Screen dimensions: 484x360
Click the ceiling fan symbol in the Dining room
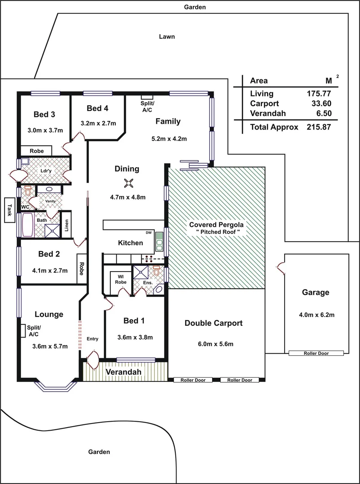129,182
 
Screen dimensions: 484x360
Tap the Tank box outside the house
9,209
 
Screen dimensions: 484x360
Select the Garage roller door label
316,353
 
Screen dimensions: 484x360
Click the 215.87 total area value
318,127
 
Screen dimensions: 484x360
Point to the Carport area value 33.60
321,104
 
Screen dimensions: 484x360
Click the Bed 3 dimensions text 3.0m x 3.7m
45,130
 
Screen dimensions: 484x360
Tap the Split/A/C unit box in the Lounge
22,330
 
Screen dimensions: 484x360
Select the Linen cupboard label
66,224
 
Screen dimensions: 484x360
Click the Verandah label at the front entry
123,372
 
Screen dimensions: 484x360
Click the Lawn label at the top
167,37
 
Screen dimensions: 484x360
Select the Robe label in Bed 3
37,151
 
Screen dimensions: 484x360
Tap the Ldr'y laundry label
45,171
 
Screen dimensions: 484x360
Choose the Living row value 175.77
318,94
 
